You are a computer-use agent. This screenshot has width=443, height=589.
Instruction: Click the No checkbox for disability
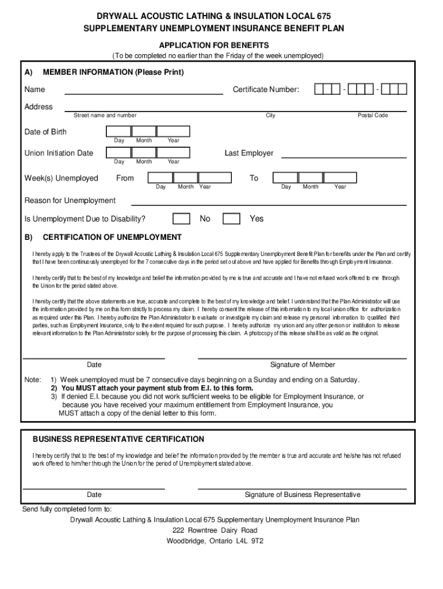point(182,219)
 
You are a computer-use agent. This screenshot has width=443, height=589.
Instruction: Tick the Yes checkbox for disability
point(231,219)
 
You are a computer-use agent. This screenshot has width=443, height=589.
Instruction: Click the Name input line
point(144,90)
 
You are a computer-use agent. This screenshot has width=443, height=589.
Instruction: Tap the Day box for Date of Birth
point(119,132)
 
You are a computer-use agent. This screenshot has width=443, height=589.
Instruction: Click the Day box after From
point(159,178)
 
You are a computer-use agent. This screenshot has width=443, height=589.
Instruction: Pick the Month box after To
point(311,178)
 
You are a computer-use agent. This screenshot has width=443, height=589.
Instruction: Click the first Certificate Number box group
point(327,89)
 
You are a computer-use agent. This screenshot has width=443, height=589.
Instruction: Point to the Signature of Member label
point(303,365)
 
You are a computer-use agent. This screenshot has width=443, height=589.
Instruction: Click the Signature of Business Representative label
point(303,495)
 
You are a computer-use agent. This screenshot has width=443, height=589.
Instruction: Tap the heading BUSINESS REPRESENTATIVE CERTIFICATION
point(118,439)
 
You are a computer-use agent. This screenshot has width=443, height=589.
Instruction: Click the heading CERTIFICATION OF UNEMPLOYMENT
point(112,237)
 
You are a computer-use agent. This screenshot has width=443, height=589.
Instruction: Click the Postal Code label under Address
point(373,116)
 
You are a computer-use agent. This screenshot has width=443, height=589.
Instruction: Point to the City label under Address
point(270,116)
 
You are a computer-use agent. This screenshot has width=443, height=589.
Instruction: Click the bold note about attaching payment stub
point(156,388)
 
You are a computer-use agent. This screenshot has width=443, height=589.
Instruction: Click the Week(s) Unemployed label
point(61,178)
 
